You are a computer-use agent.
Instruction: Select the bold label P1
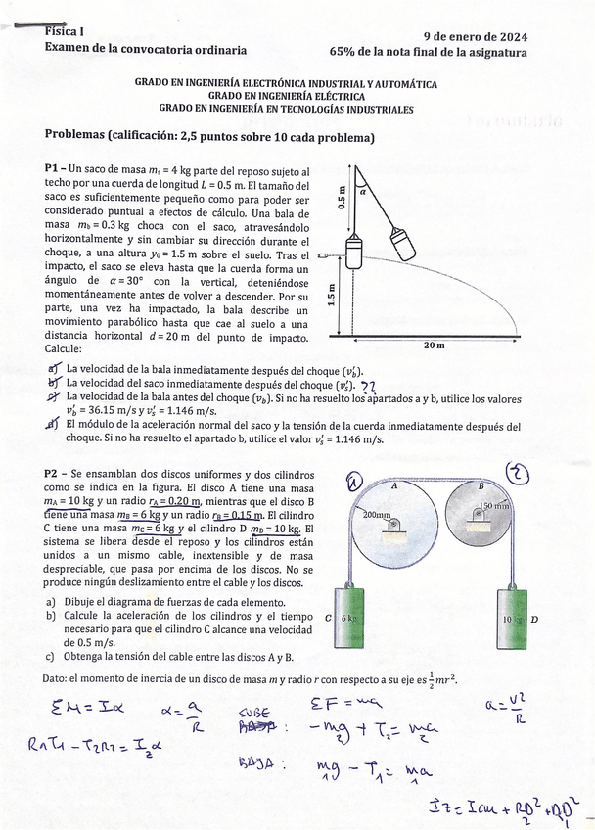pos(54,169)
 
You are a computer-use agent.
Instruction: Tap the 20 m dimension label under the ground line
pos(434,346)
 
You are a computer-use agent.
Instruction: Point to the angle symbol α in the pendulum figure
pos(362,194)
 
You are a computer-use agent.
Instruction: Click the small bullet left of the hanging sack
pos(323,253)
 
